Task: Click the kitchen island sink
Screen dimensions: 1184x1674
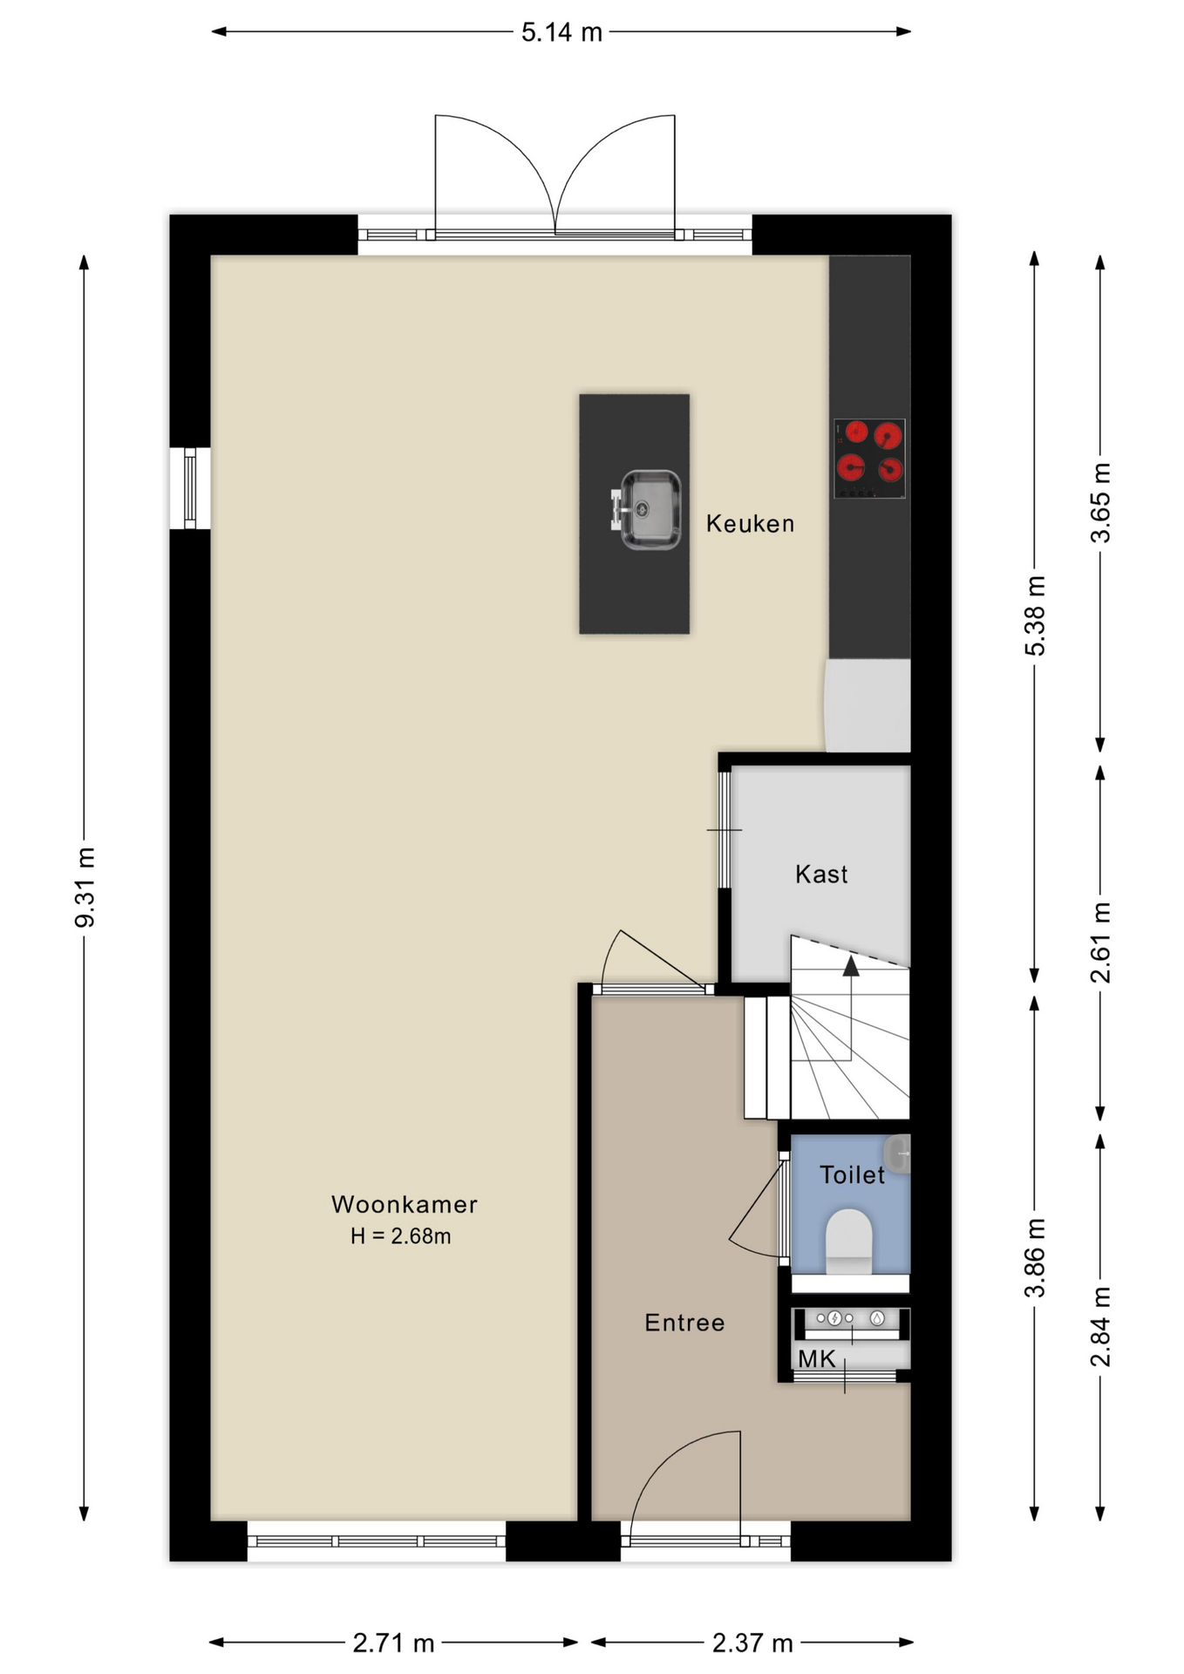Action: pyautogui.click(x=646, y=510)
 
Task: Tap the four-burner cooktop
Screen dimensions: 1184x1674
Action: pyautogui.click(x=869, y=459)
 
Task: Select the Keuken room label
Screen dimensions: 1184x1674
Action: pyautogui.click(x=750, y=524)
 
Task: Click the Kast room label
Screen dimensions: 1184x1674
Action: pyautogui.click(x=821, y=874)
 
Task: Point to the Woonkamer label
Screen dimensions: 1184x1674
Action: pyautogui.click(x=405, y=1205)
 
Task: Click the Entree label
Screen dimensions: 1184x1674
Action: pyautogui.click(x=684, y=1324)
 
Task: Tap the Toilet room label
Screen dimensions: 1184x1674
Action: pyautogui.click(x=852, y=1175)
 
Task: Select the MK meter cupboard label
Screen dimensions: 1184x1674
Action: pyautogui.click(x=816, y=1359)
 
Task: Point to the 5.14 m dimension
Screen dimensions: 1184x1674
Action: pyautogui.click(x=561, y=32)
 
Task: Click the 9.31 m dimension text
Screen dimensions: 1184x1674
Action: pyautogui.click(x=85, y=887)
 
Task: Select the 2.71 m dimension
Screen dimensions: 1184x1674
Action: pyautogui.click(x=393, y=1643)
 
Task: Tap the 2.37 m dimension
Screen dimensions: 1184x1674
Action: pyautogui.click(x=752, y=1643)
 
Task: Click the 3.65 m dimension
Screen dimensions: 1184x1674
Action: pyautogui.click(x=1101, y=503)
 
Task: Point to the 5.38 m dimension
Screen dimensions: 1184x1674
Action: pyautogui.click(x=1035, y=616)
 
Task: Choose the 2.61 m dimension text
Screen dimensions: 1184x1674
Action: pyautogui.click(x=1101, y=942)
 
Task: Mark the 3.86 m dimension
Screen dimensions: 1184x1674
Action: pyautogui.click(x=1035, y=1258)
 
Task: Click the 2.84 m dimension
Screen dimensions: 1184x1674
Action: pyautogui.click(x=1101, y=1326)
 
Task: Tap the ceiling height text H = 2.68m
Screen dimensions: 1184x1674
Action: pyautogui.click(x=400, y=1236)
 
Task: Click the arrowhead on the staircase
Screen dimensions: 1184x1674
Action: pyautogui.click(x=851, y=965)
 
